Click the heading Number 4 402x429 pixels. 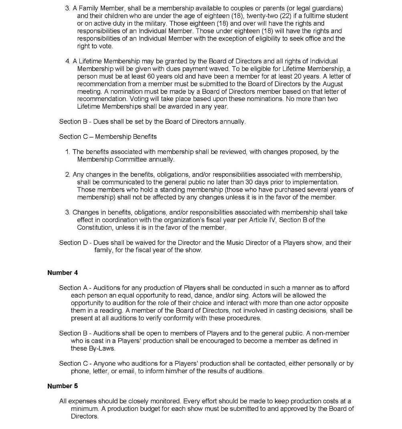click(x=63, y=273)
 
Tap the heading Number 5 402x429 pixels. click(x=63, y=386)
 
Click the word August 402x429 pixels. click(x=333, y=84)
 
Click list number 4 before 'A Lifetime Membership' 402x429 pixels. click(x=67, y=61)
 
